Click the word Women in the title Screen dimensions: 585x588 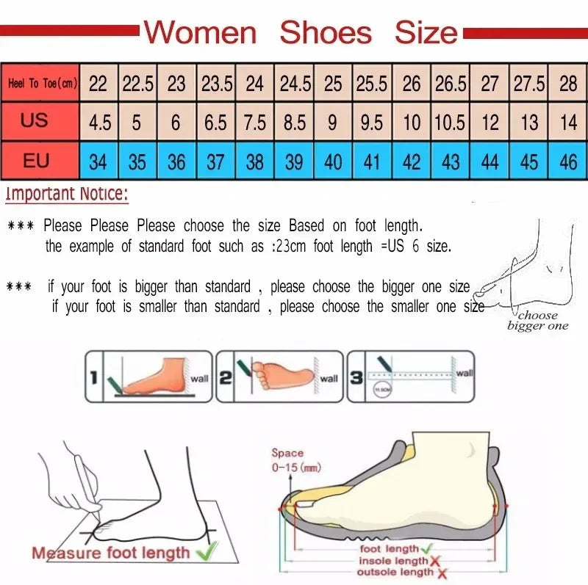200,33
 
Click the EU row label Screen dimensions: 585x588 36,160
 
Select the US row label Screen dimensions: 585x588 35,120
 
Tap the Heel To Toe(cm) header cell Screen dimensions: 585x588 42,83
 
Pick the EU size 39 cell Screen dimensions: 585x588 294,161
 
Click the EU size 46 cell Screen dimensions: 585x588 568,161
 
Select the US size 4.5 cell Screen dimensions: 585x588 99,122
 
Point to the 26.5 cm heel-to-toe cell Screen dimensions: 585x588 451,84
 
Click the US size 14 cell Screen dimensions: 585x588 568,122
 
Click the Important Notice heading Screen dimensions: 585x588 66,195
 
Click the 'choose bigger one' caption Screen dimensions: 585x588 537,321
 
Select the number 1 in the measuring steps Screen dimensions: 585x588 93,378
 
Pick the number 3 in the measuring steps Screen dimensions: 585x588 355,378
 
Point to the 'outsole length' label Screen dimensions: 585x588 395,572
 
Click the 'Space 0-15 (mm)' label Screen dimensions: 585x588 293,460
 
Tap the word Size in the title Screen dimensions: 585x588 426,33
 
